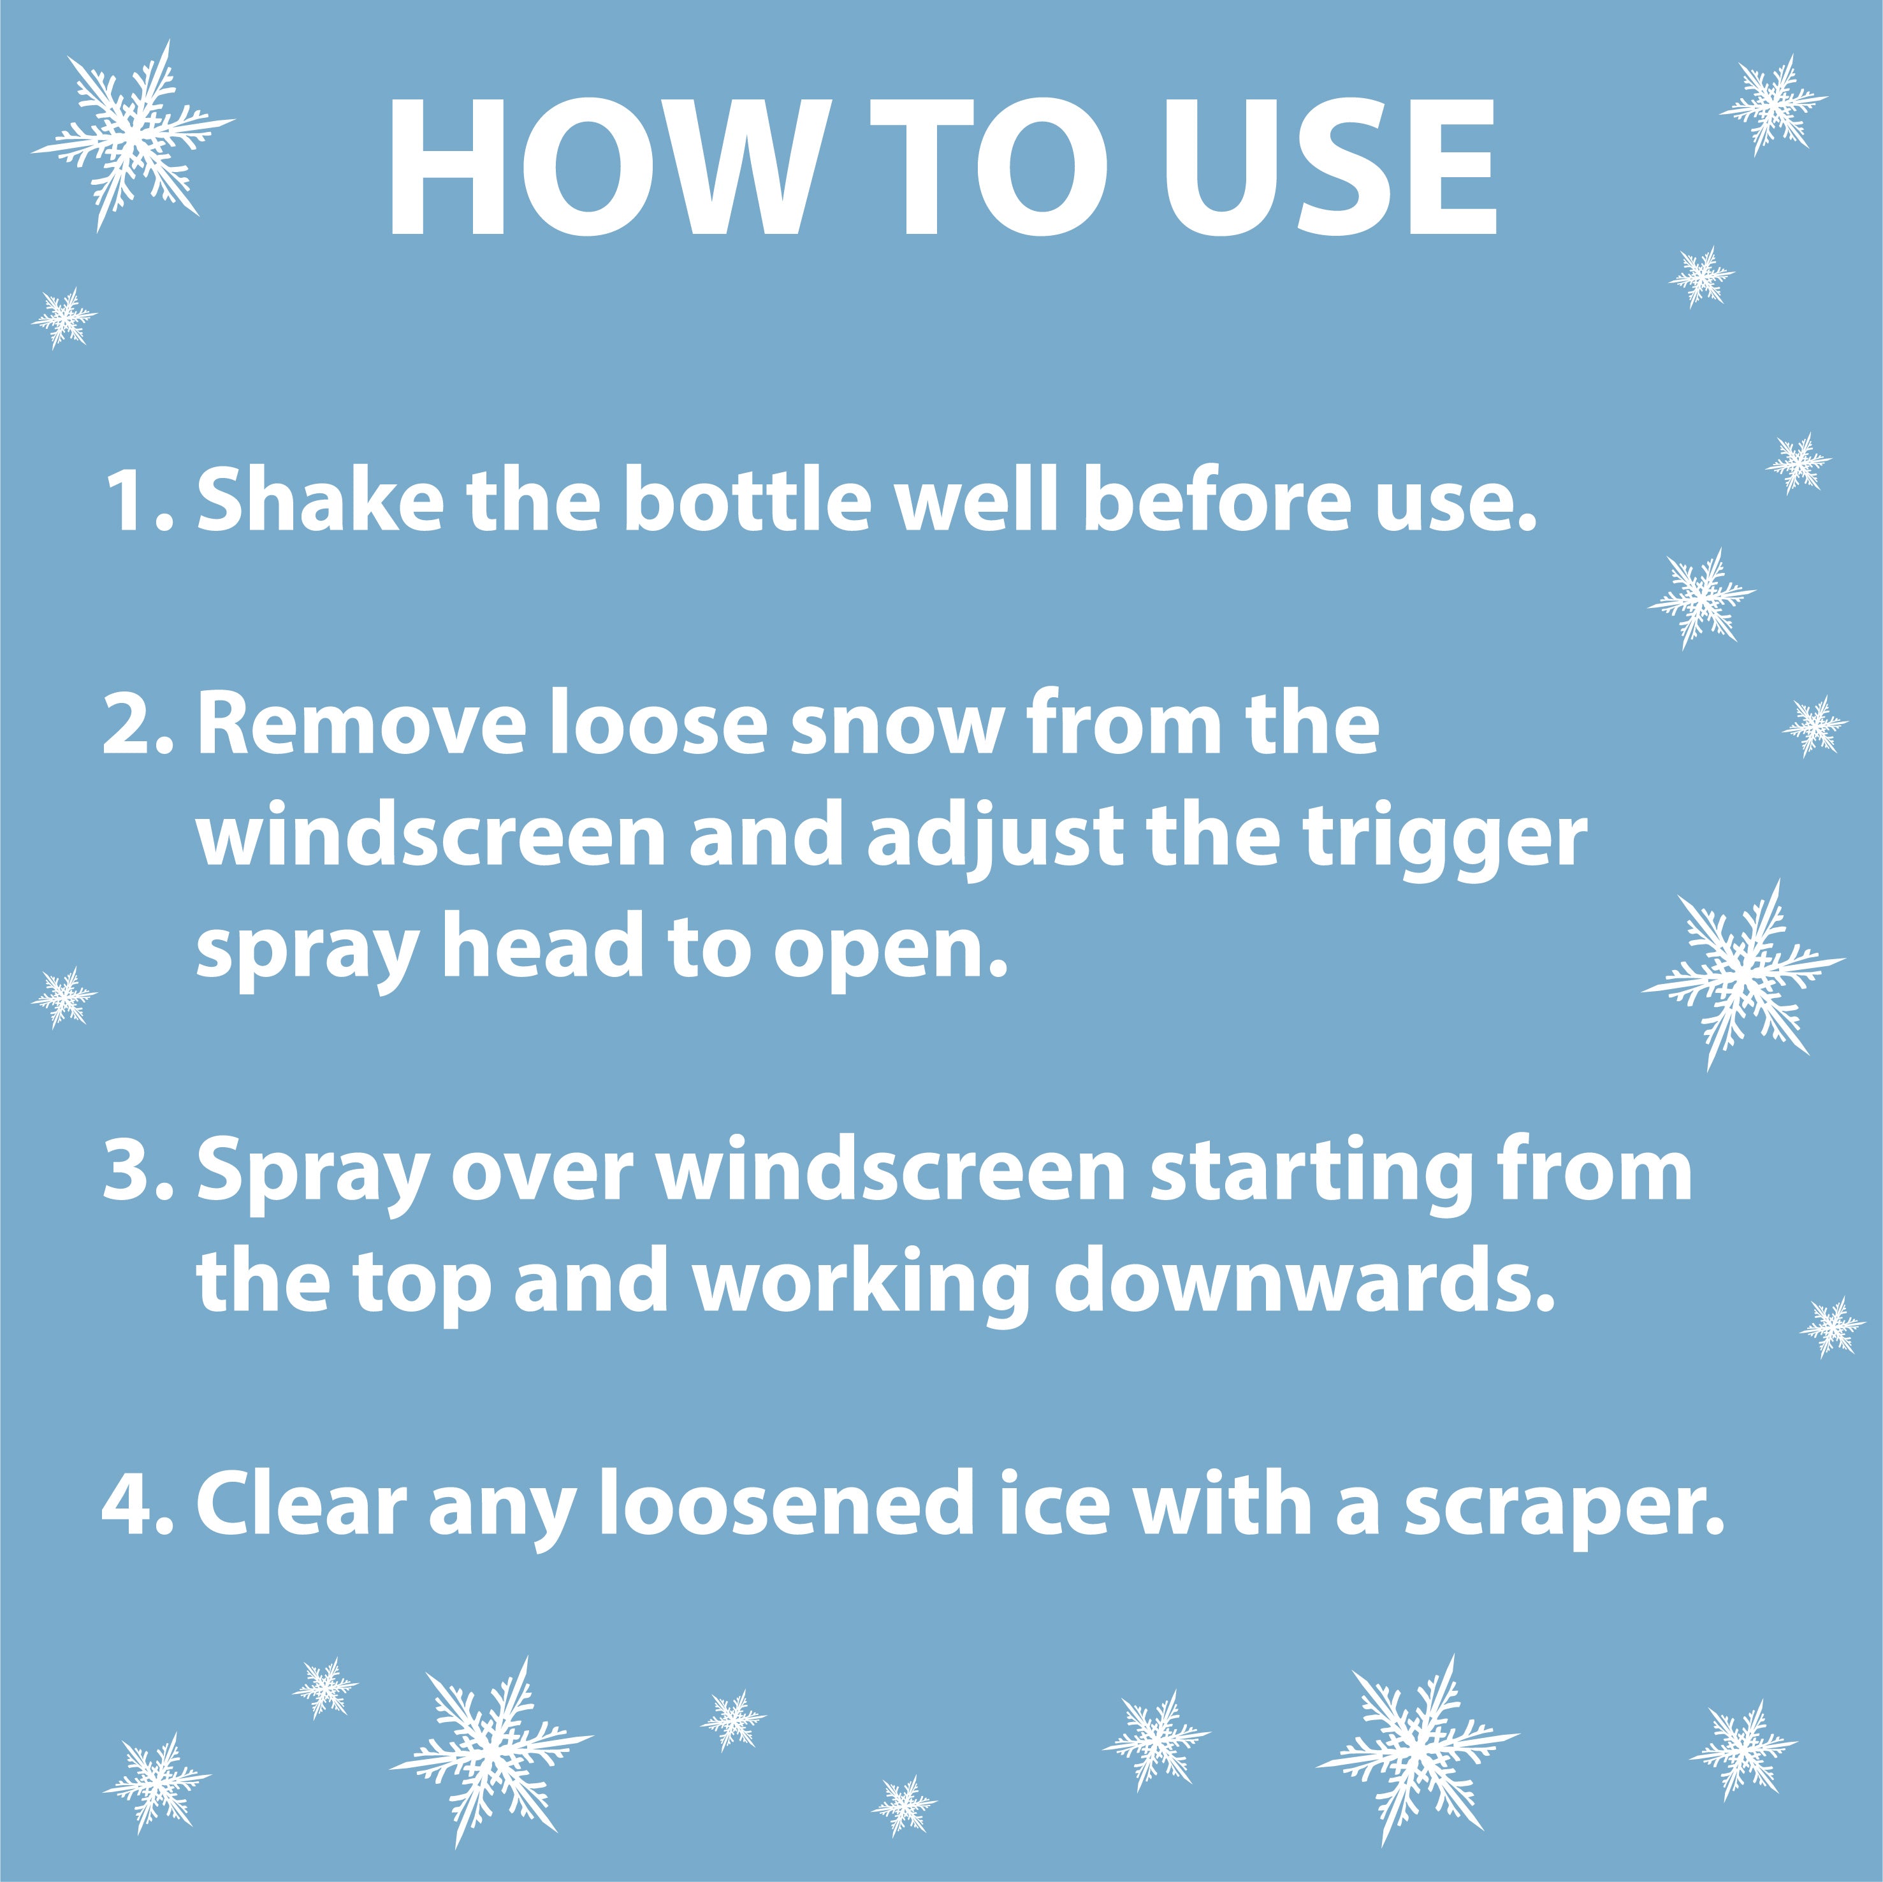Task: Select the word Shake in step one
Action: (x=320, y=501)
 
